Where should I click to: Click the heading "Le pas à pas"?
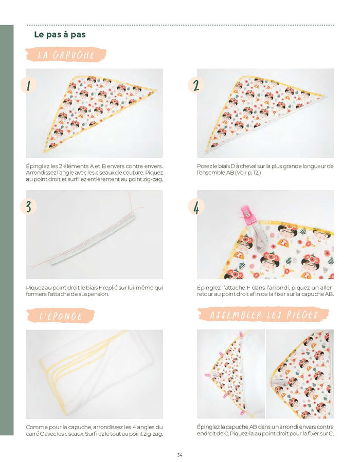[60, 34]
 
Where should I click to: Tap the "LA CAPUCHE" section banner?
[66, 55]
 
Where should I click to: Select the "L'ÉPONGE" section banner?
[61, 316]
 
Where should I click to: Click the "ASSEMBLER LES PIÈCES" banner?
[263, 315]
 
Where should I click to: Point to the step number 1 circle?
[29, 85]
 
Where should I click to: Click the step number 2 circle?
[196, 85]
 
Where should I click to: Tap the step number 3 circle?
[29, 206]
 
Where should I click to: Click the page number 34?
[180, 455]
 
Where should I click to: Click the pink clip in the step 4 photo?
[245, 213]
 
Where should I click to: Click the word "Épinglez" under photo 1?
[37, 167]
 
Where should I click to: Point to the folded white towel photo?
[94, 374]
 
